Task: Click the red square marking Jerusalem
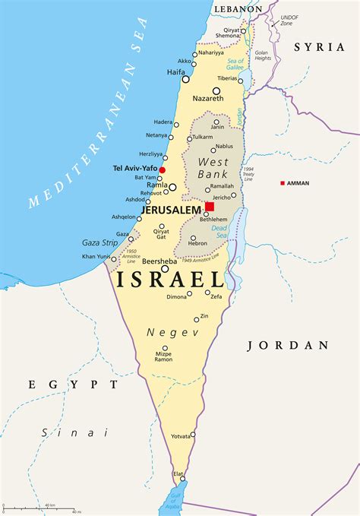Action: tap(210, 206)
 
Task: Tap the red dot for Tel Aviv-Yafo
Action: tap(162, 169)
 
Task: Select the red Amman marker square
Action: tap(283, 183)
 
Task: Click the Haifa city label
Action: tap(176, 72)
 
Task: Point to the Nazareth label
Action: tap(207, 99)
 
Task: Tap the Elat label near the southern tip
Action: tap(178, 473)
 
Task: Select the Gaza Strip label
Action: tap(99, 242)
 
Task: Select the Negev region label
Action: tap(162, 333)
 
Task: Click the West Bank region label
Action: tap(213, 167)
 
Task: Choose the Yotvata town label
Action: tap(181, 435)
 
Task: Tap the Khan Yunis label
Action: tap(96, 256)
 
